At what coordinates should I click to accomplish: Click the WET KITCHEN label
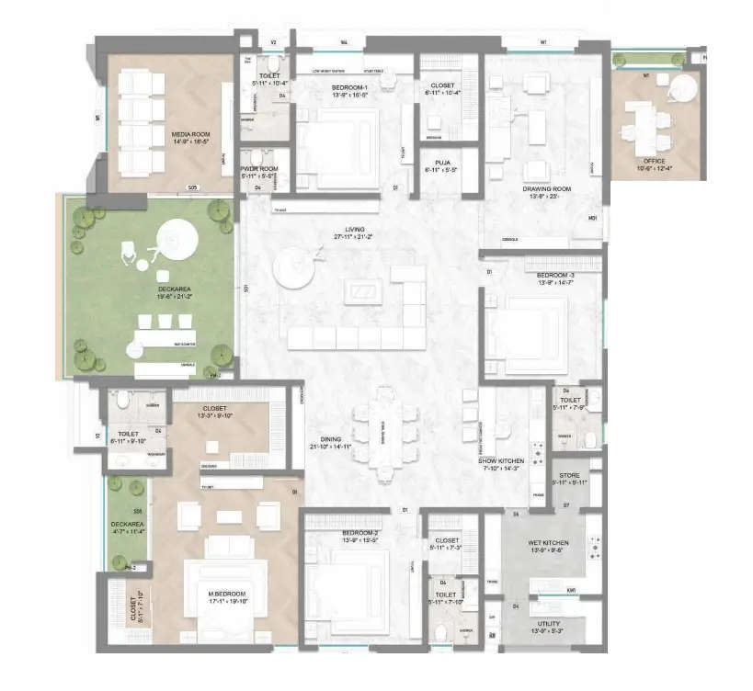coord(550,543)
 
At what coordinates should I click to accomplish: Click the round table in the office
coord(681,89)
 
